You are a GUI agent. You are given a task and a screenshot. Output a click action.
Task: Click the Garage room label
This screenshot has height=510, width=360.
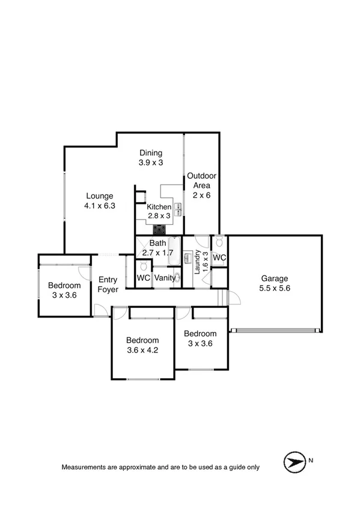275,278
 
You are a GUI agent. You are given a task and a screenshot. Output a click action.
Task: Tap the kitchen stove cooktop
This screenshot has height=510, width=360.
160,229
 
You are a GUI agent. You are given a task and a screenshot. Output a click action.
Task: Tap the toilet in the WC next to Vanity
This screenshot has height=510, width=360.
142,265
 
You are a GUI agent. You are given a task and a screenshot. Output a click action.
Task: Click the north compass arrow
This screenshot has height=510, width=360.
293,462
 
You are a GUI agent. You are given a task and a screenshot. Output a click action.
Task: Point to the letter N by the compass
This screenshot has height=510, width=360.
311,461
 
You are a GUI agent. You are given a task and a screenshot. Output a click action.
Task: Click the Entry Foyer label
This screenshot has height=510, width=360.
108,284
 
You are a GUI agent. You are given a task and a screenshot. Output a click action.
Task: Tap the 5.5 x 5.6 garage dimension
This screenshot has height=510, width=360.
275,289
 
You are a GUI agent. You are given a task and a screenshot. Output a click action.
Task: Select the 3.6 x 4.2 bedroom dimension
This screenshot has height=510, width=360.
142,351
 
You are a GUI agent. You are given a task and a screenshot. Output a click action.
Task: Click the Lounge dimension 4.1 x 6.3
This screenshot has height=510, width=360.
100,206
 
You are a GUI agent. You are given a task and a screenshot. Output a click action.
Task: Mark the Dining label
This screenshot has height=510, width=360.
151,152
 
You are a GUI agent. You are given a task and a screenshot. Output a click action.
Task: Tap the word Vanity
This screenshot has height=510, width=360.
165,278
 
